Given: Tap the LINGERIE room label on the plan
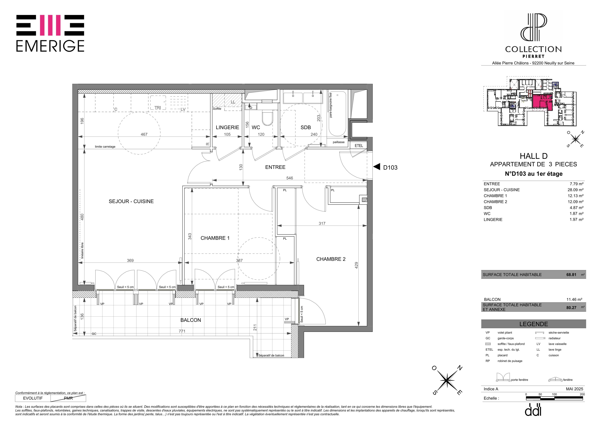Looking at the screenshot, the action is pyautogui.click(x=227, y=127).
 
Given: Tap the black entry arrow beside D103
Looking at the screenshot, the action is pyautogui.click(x=377, y=167).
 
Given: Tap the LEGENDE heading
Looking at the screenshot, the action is pyautogui.click(x=534, y=324).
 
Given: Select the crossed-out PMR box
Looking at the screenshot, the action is pyautogui.click(x=68, y=398).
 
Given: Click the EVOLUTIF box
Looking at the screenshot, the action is pyautogui.click(x=33, y=398).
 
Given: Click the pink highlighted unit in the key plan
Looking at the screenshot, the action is pyautogui.click(x=542, y=102).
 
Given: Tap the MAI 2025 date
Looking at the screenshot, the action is pyautogui.click(x=575, y=389).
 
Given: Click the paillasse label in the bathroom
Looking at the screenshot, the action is pyautogui.click(x=338, y=142).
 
